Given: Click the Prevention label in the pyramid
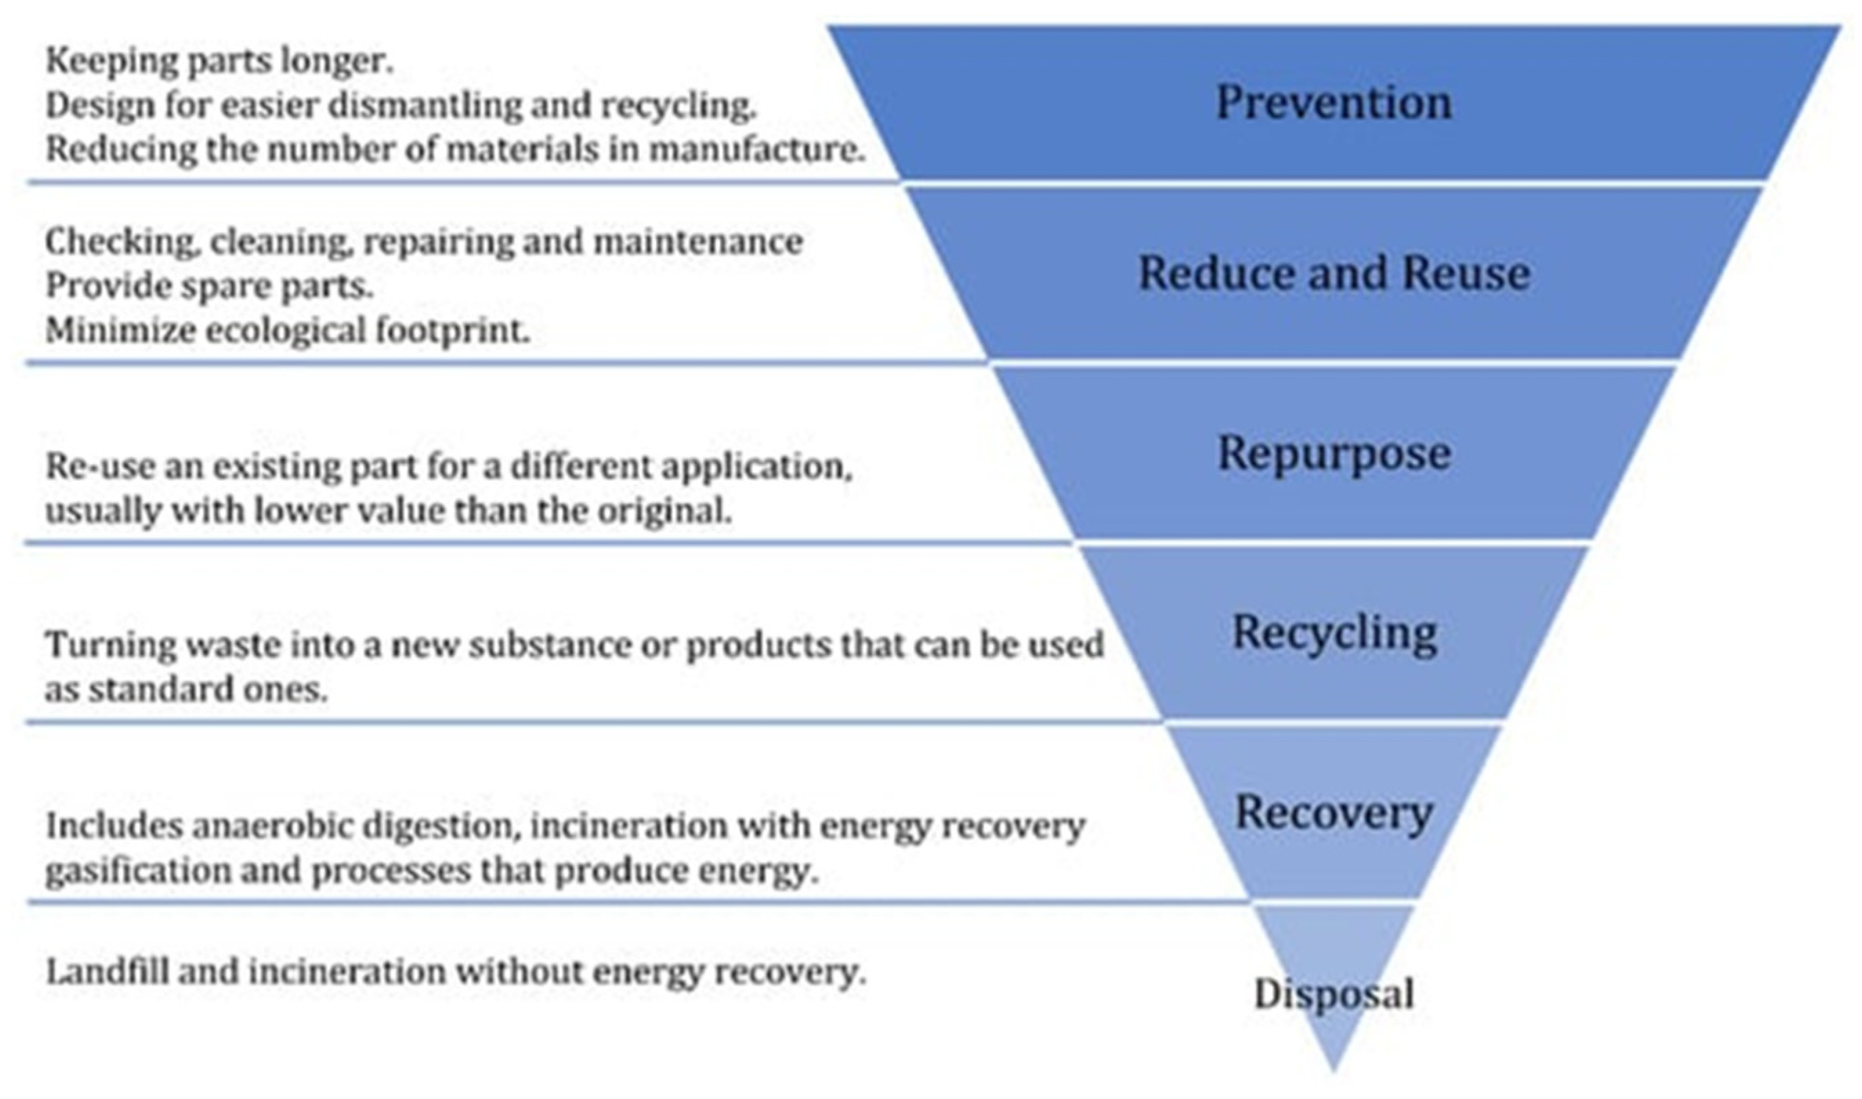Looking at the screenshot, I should coord(1333,102).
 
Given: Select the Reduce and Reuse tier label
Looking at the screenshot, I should coord(1333,274).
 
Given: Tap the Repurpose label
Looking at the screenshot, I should coord(1333,453).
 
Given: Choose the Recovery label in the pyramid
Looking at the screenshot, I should coord(1333,813).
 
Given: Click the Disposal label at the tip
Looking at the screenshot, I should coord(1333,994).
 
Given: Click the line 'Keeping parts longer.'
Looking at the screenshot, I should coord(219,61).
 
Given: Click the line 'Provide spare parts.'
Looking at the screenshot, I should coord(209,286).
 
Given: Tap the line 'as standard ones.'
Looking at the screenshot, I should coord(186,690).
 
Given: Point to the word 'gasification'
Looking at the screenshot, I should coord(137,871).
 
